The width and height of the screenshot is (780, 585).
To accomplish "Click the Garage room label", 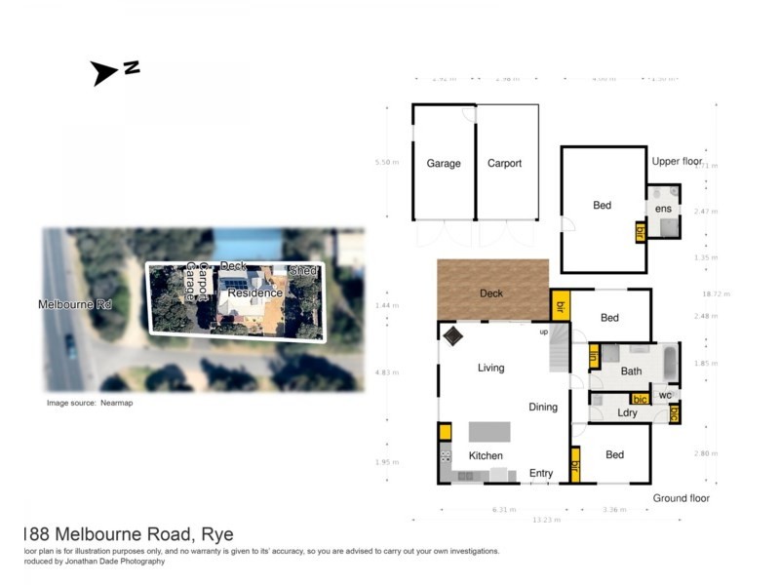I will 444,164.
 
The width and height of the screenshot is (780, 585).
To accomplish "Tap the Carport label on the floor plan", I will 505,164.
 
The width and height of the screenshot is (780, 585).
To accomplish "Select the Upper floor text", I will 678,161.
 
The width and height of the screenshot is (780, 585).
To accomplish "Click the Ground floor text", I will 682,498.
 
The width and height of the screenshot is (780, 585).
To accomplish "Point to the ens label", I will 663,209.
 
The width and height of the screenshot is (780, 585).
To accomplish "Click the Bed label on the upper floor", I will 603,205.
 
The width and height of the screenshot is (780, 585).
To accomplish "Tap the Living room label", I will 490,368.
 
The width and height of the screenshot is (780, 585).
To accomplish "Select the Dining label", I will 543,407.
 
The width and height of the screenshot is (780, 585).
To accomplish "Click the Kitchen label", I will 486,455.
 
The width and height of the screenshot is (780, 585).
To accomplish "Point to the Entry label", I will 541,474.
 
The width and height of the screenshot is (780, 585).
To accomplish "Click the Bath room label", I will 631,370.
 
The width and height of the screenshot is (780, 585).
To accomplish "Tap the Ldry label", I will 627,413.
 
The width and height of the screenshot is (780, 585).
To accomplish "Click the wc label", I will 664,395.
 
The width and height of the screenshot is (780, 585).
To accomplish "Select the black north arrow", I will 104,72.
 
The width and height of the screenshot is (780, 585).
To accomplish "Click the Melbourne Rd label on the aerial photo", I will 75,304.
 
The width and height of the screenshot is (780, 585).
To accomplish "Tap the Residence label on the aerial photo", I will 256,292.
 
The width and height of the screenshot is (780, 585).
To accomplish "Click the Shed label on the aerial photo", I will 302,270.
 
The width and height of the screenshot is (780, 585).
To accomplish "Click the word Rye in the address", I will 215,534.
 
